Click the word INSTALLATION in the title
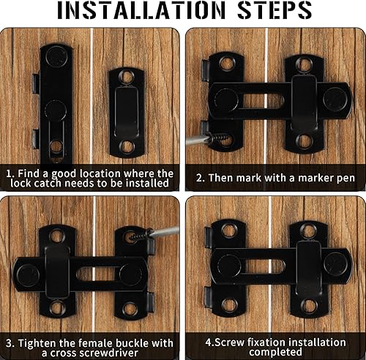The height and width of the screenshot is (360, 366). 141,10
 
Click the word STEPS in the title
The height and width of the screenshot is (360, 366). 274,10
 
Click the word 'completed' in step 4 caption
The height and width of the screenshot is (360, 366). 275,352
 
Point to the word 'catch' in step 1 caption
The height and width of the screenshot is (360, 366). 49,184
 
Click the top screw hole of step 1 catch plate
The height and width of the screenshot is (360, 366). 127,77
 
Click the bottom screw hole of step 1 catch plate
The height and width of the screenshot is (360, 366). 127,147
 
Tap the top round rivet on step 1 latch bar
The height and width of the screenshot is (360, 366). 56,56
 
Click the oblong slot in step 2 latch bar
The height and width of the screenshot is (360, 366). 263,101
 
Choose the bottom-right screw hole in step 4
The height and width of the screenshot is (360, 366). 309,305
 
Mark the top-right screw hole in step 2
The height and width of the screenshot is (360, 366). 305,64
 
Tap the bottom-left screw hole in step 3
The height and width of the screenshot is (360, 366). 58,308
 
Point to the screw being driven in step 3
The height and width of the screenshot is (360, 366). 139,236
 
